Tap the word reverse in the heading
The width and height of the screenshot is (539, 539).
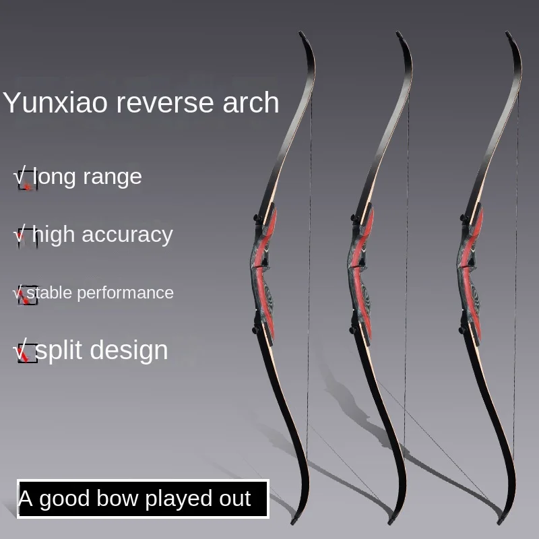click(148, 102)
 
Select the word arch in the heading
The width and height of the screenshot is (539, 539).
click(249, 102)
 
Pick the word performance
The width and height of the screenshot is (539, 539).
click(130, 293)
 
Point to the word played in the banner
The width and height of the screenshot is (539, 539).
click(174, 499)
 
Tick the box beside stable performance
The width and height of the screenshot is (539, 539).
click(26, 296)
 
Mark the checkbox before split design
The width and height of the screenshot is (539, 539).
click(26, 353)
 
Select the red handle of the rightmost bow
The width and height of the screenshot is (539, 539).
click(472, 269)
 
